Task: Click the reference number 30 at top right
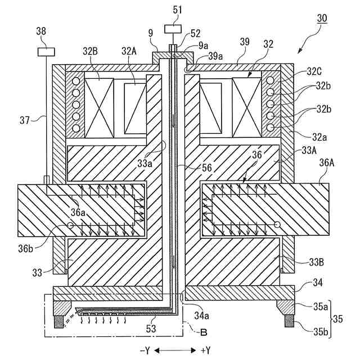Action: [321, 18]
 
